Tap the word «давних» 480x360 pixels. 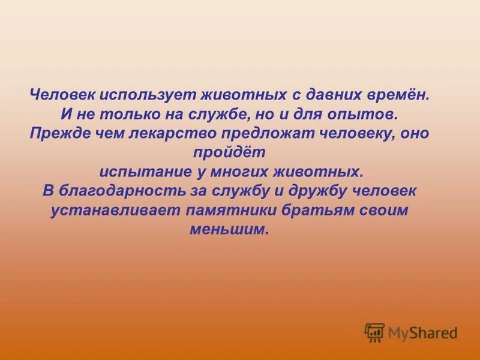click(325, 95)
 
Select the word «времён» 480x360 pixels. click(397, 95)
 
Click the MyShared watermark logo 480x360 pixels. click(411, 332)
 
